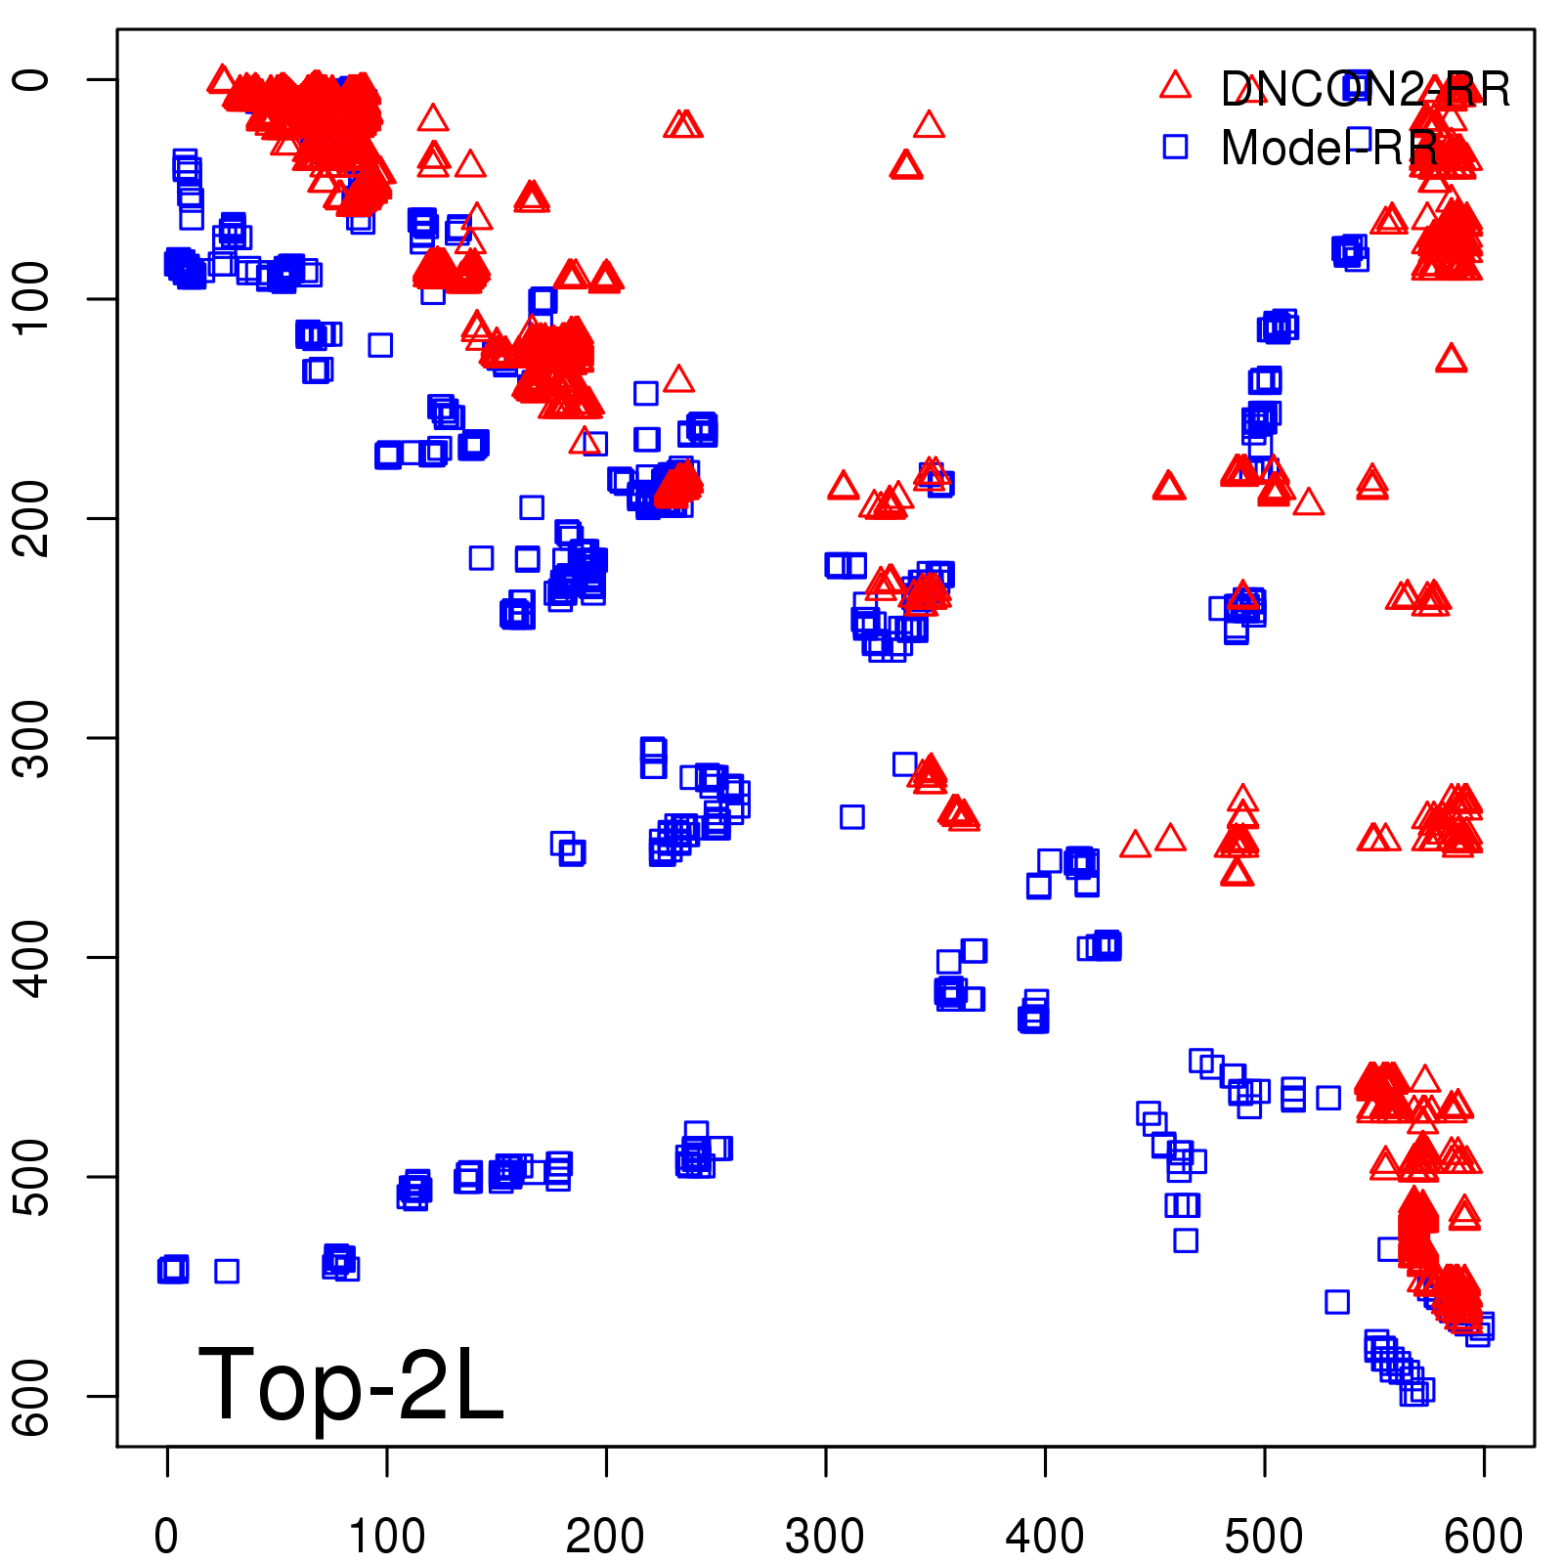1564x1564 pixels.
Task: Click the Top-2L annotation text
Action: tap(351, 1384)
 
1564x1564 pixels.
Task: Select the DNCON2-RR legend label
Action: tap(1365, 90)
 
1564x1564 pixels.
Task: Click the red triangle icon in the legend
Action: tap(1175, 86)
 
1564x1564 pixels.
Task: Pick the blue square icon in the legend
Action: tap(1175, 147)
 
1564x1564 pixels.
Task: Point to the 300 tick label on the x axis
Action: tap(825, 1536)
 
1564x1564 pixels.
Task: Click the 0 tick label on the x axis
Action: tap(167, 1536)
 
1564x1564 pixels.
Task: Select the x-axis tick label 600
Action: tap(1483, 1536)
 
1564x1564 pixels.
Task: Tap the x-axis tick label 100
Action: tap(387, 1536)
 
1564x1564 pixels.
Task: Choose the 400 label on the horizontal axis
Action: tap(1045, 1536)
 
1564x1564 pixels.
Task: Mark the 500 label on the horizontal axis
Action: tap(1264, 1536)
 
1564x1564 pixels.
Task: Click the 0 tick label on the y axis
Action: tap(33, 79)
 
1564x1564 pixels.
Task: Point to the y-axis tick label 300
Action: tap(33, 738)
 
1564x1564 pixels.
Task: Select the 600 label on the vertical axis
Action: tap(33, 1396)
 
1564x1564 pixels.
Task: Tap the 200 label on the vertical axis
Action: tap(33, 518)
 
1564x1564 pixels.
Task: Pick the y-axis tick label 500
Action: tap(33, 1177)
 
